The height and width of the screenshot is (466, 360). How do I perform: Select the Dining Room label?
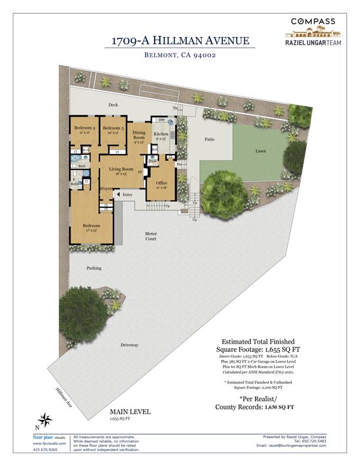[139, 134]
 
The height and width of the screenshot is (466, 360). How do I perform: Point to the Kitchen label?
[161, 134]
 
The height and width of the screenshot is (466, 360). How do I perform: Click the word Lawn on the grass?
[260, 151]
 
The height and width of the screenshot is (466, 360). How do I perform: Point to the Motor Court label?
[151, 237]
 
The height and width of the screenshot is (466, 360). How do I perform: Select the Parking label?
[94, 268]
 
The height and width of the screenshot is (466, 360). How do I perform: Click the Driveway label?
[129, 345]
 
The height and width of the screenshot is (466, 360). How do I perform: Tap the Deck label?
[114, 105]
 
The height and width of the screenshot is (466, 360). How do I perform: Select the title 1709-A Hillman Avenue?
[181, 41]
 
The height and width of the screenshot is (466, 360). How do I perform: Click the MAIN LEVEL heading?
[130, 412]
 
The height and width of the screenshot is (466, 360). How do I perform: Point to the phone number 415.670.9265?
[45, 450]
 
